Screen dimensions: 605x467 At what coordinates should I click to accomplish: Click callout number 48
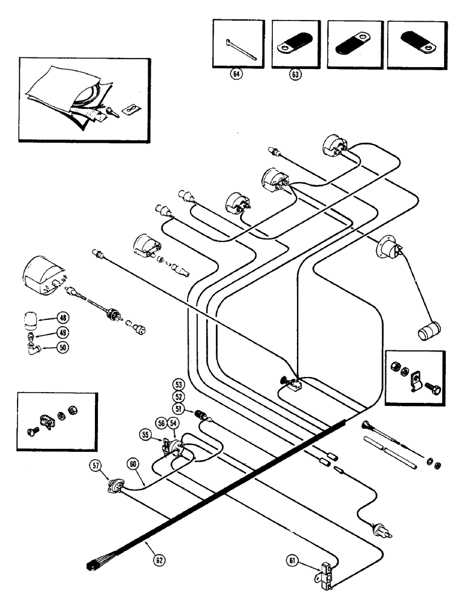(x=63, y=317)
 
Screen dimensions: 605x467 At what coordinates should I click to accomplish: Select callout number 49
(x=63, y=332)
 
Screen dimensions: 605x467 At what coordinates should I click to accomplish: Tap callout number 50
(x=63, y=347)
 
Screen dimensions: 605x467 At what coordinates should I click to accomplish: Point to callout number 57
(x=96, y=465)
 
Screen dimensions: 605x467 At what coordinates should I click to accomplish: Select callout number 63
(x=294, y=76)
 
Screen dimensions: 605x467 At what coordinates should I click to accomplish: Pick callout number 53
(x=177, y=385)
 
